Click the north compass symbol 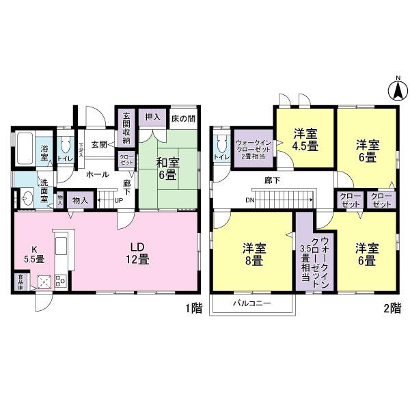395,90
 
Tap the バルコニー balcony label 251,302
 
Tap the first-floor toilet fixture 66,145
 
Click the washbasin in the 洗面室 27,198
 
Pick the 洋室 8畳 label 253,254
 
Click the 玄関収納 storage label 126,126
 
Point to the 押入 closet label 153,117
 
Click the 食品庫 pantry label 21,281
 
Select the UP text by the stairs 119,200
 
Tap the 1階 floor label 193,308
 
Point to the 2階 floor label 392,308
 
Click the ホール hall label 97,174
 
